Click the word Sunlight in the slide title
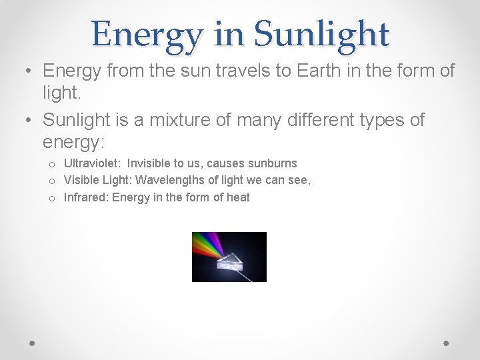point(321,33)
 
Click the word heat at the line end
point(238,197)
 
